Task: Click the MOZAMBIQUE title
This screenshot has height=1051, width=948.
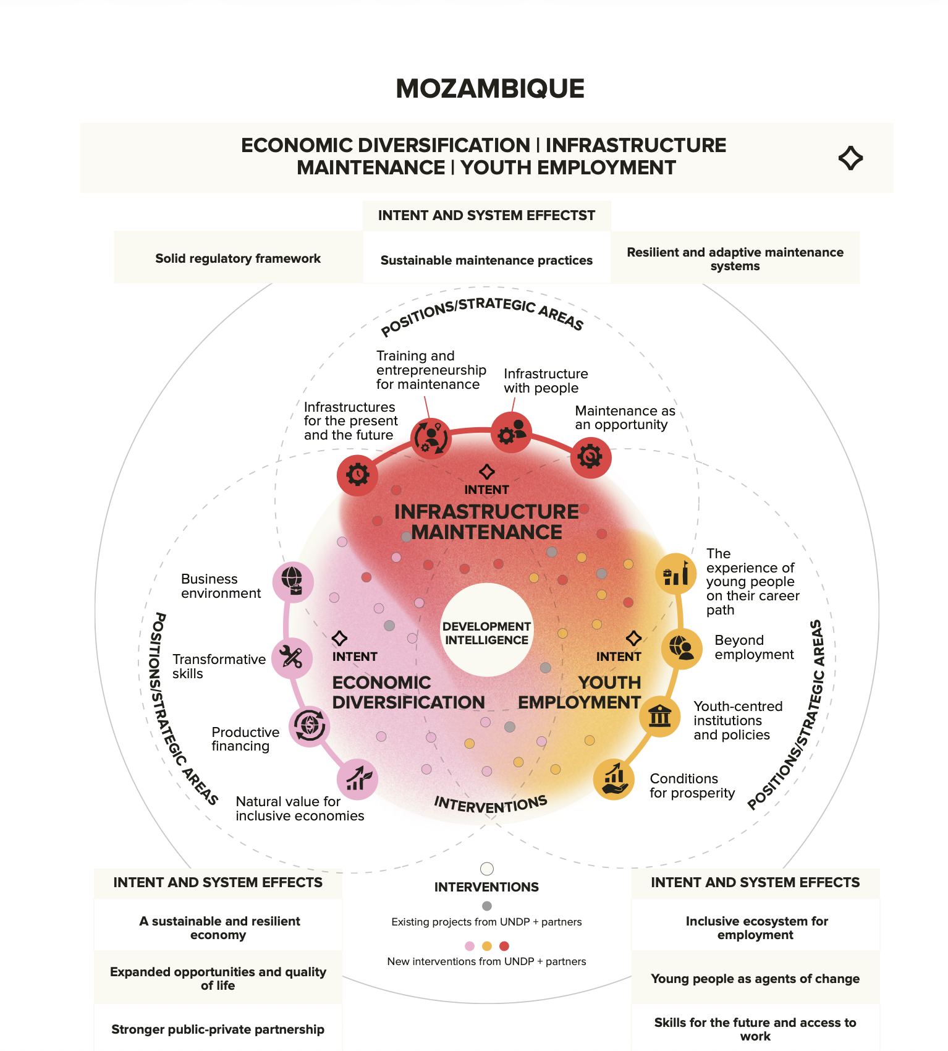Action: (490, 88)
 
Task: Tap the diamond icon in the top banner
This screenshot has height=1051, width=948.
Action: (850, 158)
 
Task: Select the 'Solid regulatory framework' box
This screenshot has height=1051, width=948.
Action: (239, 258)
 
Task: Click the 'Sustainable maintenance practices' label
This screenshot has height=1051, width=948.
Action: (486, 260)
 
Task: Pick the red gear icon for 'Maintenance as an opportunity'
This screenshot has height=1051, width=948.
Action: (591, 457)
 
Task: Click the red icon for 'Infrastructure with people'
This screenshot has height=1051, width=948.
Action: (511, 432)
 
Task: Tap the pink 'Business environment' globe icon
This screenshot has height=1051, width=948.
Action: (293, 582)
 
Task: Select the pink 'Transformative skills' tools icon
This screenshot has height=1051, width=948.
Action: (292, 658)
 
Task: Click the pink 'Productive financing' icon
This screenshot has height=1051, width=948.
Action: (309, 726)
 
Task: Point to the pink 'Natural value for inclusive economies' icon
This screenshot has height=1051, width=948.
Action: (357, 779)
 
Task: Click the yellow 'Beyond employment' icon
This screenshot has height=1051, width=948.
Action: (682, 649)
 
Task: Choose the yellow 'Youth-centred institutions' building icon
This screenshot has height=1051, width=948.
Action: (659, 717)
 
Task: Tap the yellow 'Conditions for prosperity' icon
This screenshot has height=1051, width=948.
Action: (614, 779)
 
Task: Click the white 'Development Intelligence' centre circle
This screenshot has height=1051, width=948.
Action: (487, 630)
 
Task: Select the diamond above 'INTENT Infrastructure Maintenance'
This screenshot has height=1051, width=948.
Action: (487, 472)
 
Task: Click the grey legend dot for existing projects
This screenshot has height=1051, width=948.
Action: (487, 906)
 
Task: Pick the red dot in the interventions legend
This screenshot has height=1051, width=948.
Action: (504, 946)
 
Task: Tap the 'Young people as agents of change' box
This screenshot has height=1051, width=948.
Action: (755, 978)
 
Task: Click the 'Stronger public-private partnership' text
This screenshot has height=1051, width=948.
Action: (218, 1029)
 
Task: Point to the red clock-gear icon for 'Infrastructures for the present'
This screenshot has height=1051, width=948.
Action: (357, 475)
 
